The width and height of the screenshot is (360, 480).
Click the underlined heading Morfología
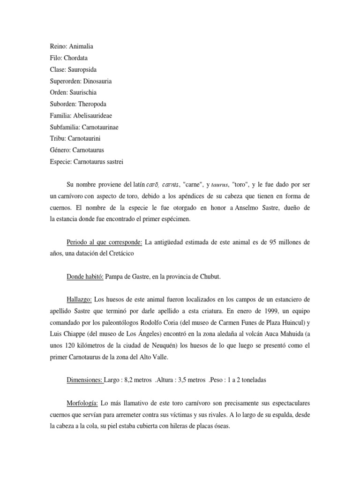(x=82, y=404)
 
